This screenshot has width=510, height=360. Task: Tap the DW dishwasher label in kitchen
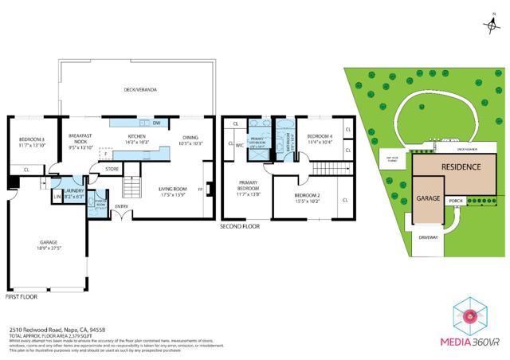coord(158,123)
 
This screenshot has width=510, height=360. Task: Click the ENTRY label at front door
coord(121,208)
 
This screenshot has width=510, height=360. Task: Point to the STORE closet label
coord(112,168)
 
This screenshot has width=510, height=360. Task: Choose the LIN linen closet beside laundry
coord(57,196)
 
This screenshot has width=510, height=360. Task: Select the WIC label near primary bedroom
coord(239,145)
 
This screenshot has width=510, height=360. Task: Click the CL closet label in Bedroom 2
coord(344,201)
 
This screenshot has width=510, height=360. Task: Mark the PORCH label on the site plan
coord(456,201)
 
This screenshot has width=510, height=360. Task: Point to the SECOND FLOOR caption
coord(240,226)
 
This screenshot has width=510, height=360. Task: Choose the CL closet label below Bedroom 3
coord(26,170)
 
